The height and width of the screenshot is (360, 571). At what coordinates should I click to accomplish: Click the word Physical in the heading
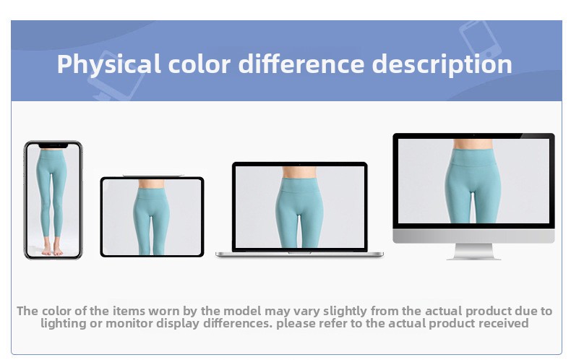(108, 65)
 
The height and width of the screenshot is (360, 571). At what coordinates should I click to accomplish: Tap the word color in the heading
(199, 64)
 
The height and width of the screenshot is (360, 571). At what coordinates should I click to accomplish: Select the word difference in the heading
(301, 64)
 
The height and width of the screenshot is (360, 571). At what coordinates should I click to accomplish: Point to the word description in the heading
(442, 65)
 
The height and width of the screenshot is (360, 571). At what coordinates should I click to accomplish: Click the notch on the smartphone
(53, 145)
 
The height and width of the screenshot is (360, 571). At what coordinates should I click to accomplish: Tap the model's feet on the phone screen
(52, 250)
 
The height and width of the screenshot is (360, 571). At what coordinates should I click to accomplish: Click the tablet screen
(152, 217)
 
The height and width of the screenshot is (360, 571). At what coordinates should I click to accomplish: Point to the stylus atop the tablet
(153, 176)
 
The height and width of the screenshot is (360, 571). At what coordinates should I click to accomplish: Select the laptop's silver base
(299, 254)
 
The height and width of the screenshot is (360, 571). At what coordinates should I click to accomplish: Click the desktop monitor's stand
(473, 252)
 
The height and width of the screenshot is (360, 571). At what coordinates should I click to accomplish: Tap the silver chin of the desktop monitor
(473, 236)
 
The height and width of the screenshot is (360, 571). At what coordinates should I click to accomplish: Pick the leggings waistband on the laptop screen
(299, 185)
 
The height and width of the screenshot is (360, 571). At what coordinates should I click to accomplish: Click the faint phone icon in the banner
(480, 39)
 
